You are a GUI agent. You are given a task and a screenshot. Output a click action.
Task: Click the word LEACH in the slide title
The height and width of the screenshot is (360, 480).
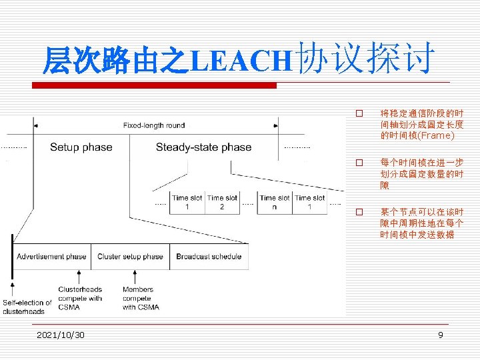coord(241,61)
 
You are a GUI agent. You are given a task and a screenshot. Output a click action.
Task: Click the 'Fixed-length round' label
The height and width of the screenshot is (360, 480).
coord(154,125)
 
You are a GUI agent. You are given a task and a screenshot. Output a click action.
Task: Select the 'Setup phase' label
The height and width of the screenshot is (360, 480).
coord(81,147)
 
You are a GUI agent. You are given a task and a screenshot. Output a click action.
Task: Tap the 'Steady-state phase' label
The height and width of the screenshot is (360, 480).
coord(203,147)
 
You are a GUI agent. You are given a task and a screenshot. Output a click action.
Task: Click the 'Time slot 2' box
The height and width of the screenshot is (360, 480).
coord(222,202)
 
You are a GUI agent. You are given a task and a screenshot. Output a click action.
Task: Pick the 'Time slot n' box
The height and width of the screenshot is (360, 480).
coord(275,202)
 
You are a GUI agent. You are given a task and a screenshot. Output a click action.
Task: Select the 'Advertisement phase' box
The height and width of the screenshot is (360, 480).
coord(51,257)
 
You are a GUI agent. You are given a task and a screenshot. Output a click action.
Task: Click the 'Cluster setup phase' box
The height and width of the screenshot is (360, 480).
coord(130,257)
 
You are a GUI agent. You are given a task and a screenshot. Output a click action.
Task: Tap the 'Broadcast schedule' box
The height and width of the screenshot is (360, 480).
coord(209,257)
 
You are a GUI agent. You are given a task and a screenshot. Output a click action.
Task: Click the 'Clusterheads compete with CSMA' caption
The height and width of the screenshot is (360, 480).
coord(80,298)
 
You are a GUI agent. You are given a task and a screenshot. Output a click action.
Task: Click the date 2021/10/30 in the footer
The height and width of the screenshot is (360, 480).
coord(61,335)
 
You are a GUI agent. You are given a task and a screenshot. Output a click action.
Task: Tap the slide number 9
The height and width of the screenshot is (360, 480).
coord(441,335)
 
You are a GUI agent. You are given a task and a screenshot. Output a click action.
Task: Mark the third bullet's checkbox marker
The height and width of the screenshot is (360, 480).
coord(359,212)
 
